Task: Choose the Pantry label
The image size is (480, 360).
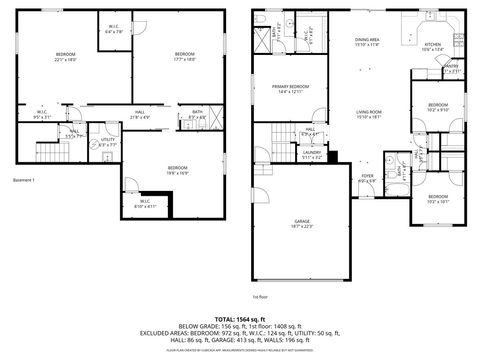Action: point(450,69)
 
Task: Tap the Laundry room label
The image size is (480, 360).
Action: point(311,154)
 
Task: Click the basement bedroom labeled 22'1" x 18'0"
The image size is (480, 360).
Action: point(66,56)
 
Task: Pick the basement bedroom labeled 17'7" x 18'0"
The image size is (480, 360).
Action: point(184,56)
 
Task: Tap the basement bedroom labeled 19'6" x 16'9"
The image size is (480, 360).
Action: point(178,169)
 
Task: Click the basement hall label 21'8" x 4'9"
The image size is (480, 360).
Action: point(140,113)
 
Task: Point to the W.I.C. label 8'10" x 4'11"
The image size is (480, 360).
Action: point(146,204)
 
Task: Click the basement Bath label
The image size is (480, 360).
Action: point(197,114)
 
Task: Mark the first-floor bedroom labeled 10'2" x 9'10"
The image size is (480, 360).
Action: point(437,108)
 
